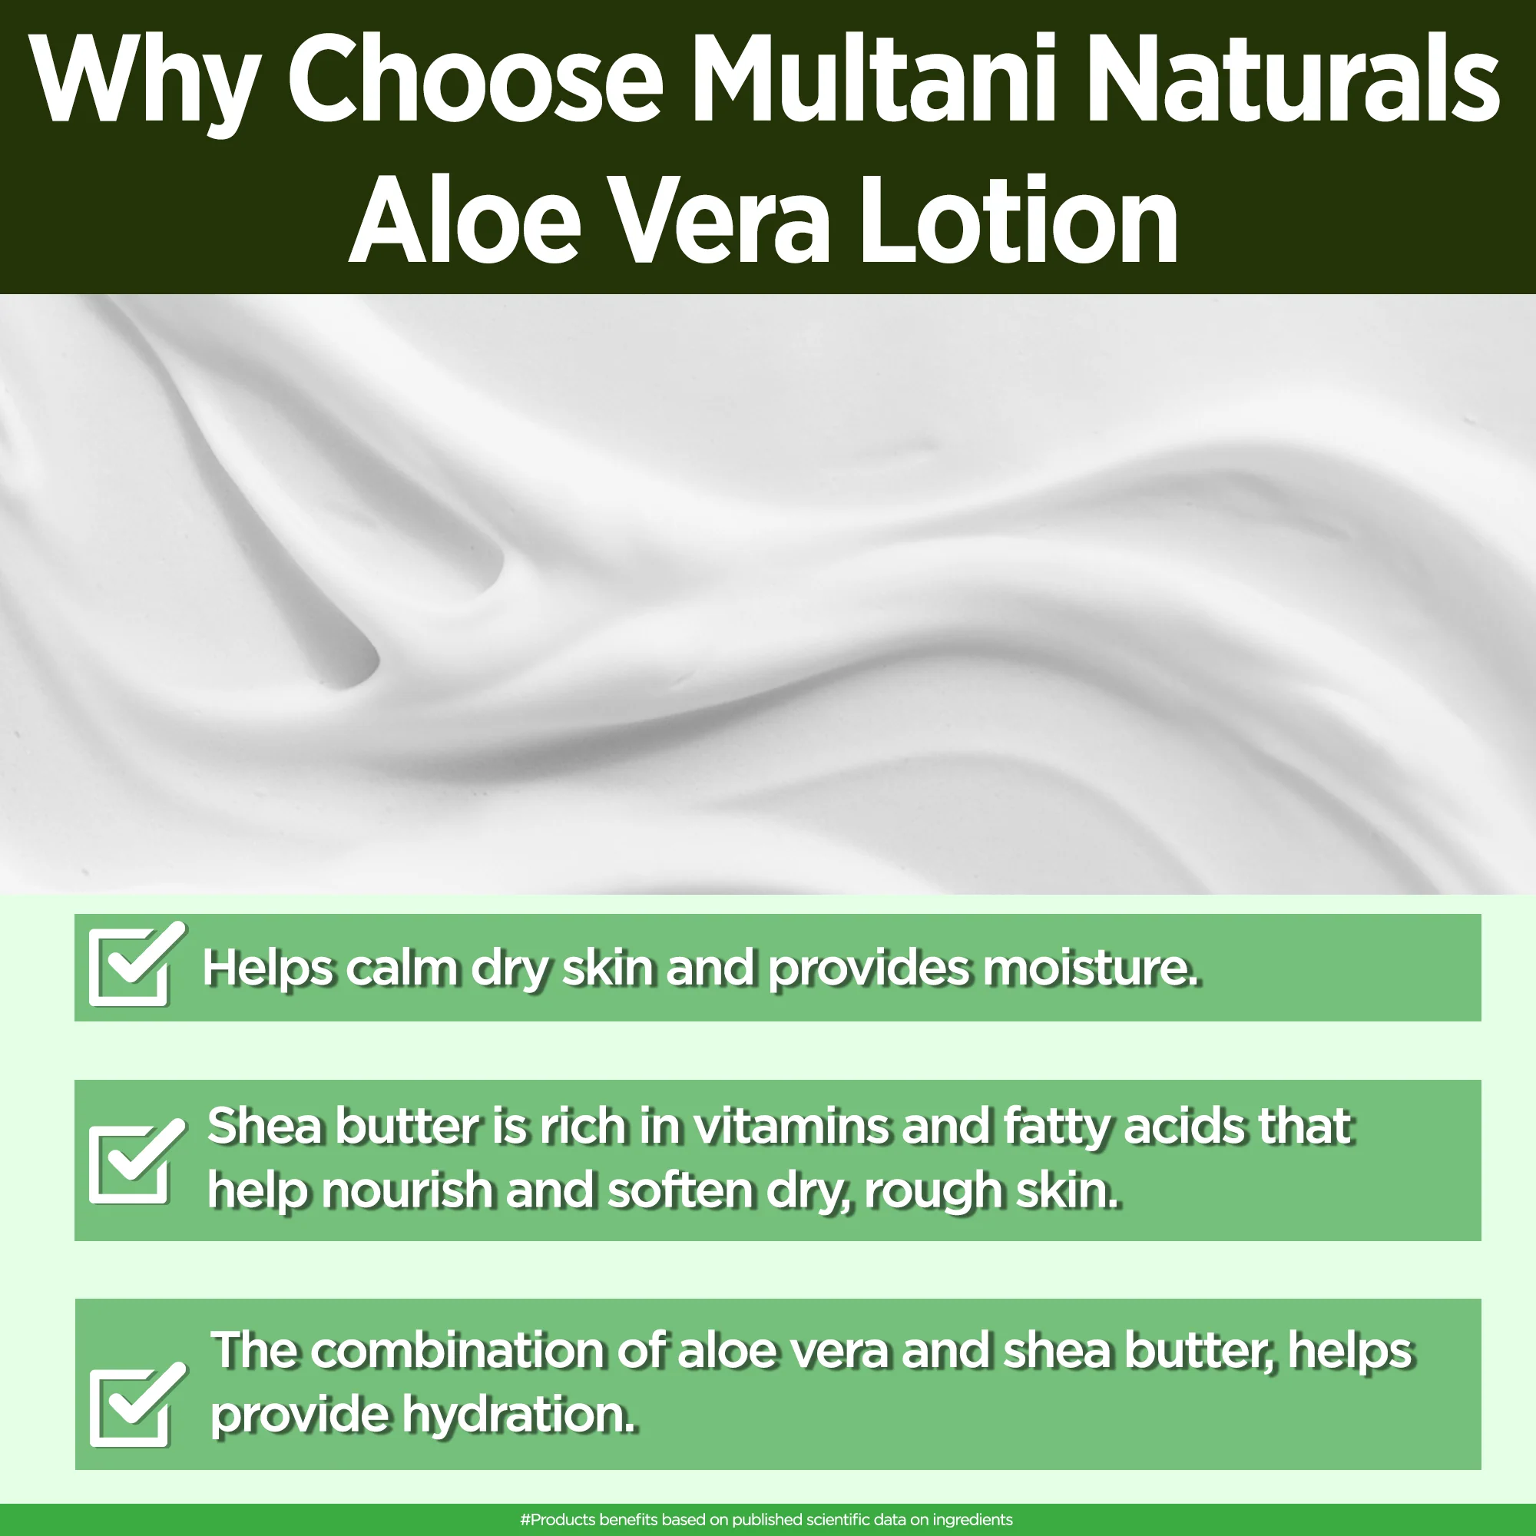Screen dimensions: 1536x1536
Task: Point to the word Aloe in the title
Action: click(x=465, y=219)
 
